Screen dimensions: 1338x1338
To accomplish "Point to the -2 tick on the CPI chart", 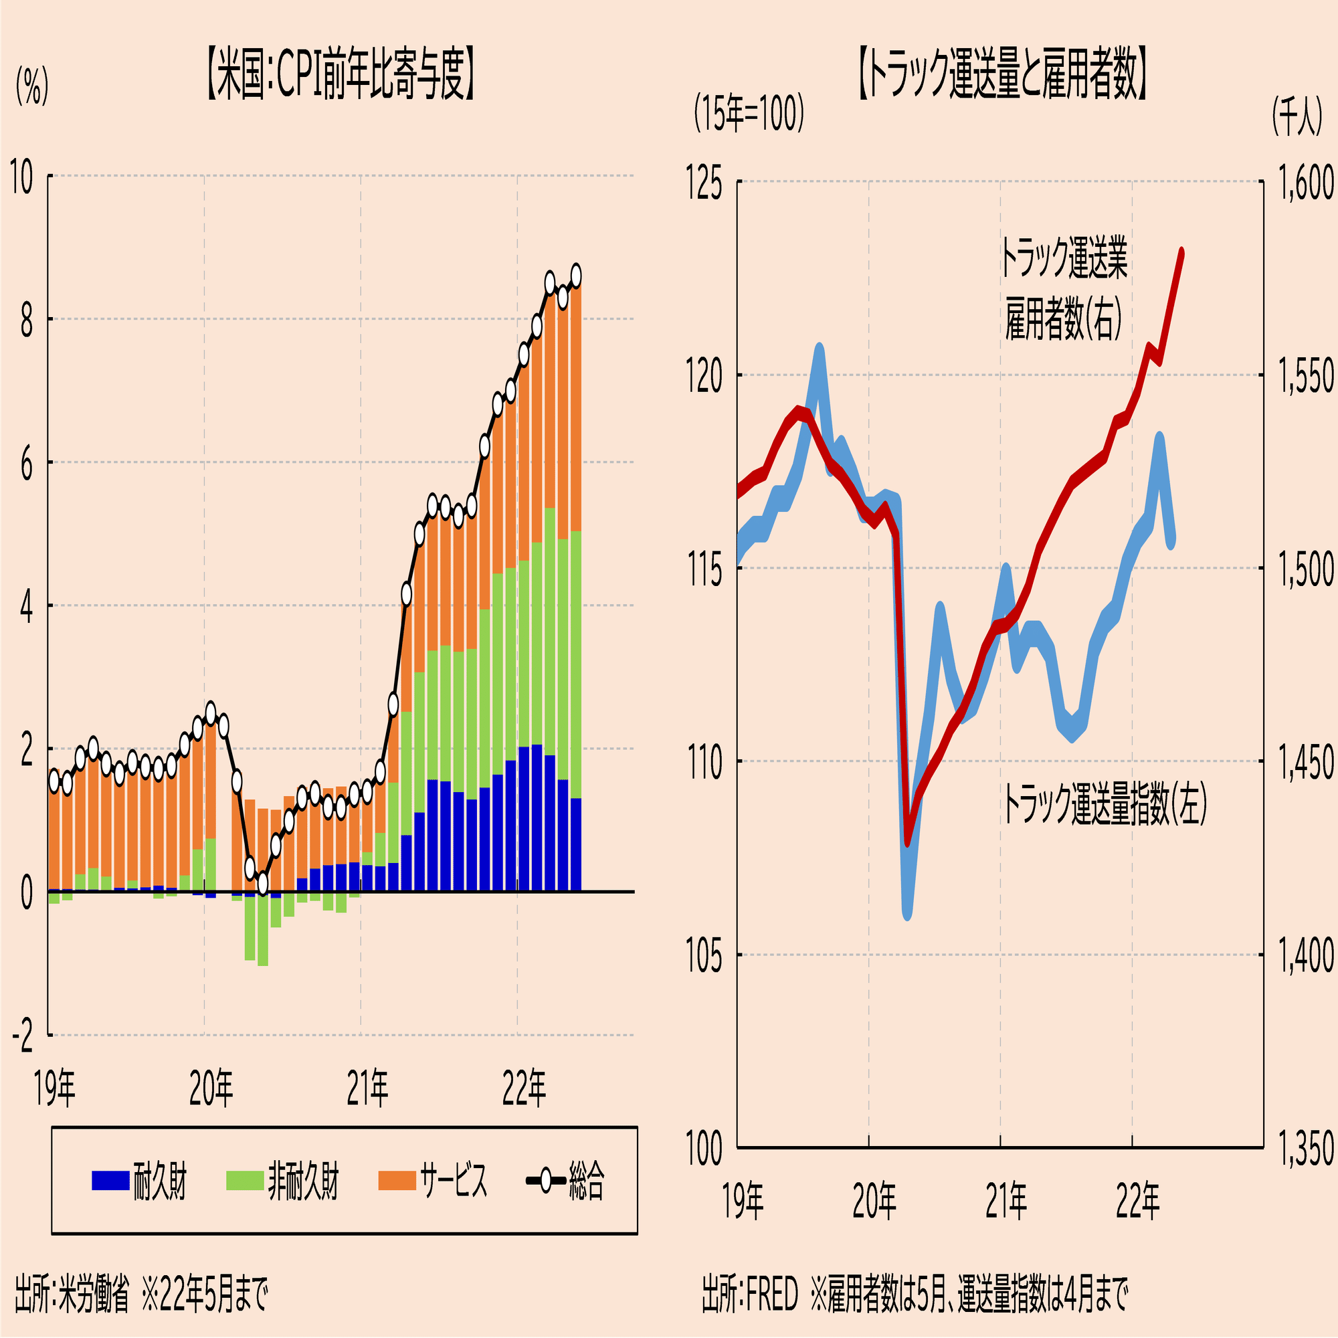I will [x=22, y=1037].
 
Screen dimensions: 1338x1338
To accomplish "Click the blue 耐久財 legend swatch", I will [x=110, y=1180].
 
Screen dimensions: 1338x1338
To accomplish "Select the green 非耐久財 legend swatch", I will [x=245, y=1180].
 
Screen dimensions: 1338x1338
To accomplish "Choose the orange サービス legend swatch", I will [x=397, y=1180].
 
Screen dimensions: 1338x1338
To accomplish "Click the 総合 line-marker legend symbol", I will [x=546, y=1180].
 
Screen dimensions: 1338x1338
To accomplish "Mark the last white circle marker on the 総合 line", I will [x=575, y=274].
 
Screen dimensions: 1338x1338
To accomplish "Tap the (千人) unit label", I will [x=1297, y=116].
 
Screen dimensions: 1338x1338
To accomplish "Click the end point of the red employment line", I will [x=1181, y=251].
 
